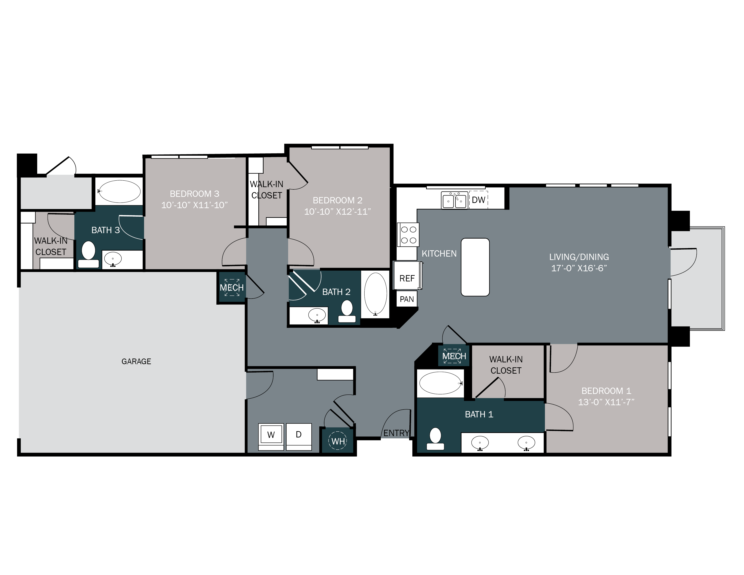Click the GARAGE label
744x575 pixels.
[136, 361]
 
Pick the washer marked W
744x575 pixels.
[271, 435]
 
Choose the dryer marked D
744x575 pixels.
[299, 435]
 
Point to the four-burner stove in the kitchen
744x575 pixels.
[408, 235]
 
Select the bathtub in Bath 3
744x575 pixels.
[119, 191]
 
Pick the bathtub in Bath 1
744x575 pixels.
[440, 383]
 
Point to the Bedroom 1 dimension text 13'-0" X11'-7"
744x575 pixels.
[606, 402]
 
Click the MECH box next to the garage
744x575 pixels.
[232, 288]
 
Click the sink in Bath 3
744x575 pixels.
[113, 260]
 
